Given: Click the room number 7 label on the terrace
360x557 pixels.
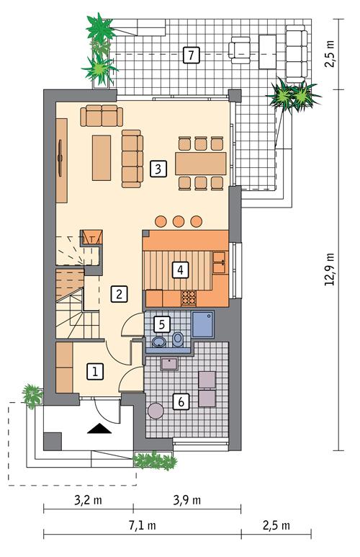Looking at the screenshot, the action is click(x=192, y=55).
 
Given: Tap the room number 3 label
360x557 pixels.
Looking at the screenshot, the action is click(x=158, y=169).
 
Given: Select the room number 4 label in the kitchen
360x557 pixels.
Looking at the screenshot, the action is click(x=180, y=270).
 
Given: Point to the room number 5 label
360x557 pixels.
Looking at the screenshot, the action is click(x=161, y=324).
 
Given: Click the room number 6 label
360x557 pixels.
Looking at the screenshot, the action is click(x=181, y=402).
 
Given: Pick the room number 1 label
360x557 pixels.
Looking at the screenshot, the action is click(x=95, y=372).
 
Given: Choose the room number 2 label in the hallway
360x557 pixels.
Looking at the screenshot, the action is click(x=119, y=294).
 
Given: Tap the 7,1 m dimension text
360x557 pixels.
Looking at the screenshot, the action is click(x=142, y=525).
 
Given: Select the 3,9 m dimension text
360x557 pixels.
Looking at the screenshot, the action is click(x=187, y=500).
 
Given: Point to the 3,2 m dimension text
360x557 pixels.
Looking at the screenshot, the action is click(x=88, y=500).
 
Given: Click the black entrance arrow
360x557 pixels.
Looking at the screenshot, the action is click(x=99, y=429).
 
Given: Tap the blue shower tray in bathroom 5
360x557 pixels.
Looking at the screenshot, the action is click(x=203, y=324).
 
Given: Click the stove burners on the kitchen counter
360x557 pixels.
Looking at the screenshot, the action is click(x=189, y=298).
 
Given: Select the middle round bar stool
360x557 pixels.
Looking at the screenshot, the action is click(x=179, y=221).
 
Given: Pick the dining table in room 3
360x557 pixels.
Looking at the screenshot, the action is click(x=201, y=164).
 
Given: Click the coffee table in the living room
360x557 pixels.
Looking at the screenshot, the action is click(x=102, y=158).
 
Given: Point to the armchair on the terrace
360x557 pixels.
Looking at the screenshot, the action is click(x=239, y=50).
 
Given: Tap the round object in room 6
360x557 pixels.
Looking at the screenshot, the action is click(x=156, y=411).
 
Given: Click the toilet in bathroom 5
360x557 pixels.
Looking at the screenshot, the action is click(x=178, y=339).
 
